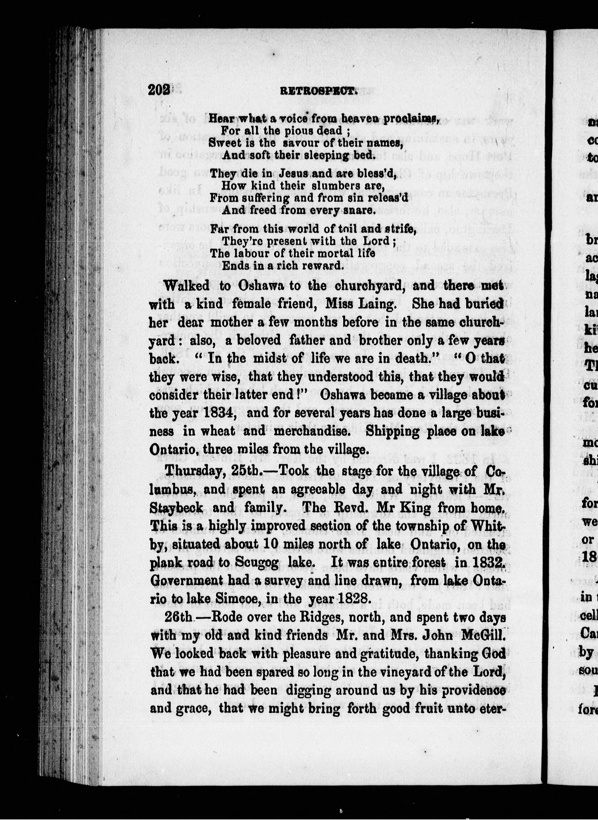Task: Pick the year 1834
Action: pos(220,413)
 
